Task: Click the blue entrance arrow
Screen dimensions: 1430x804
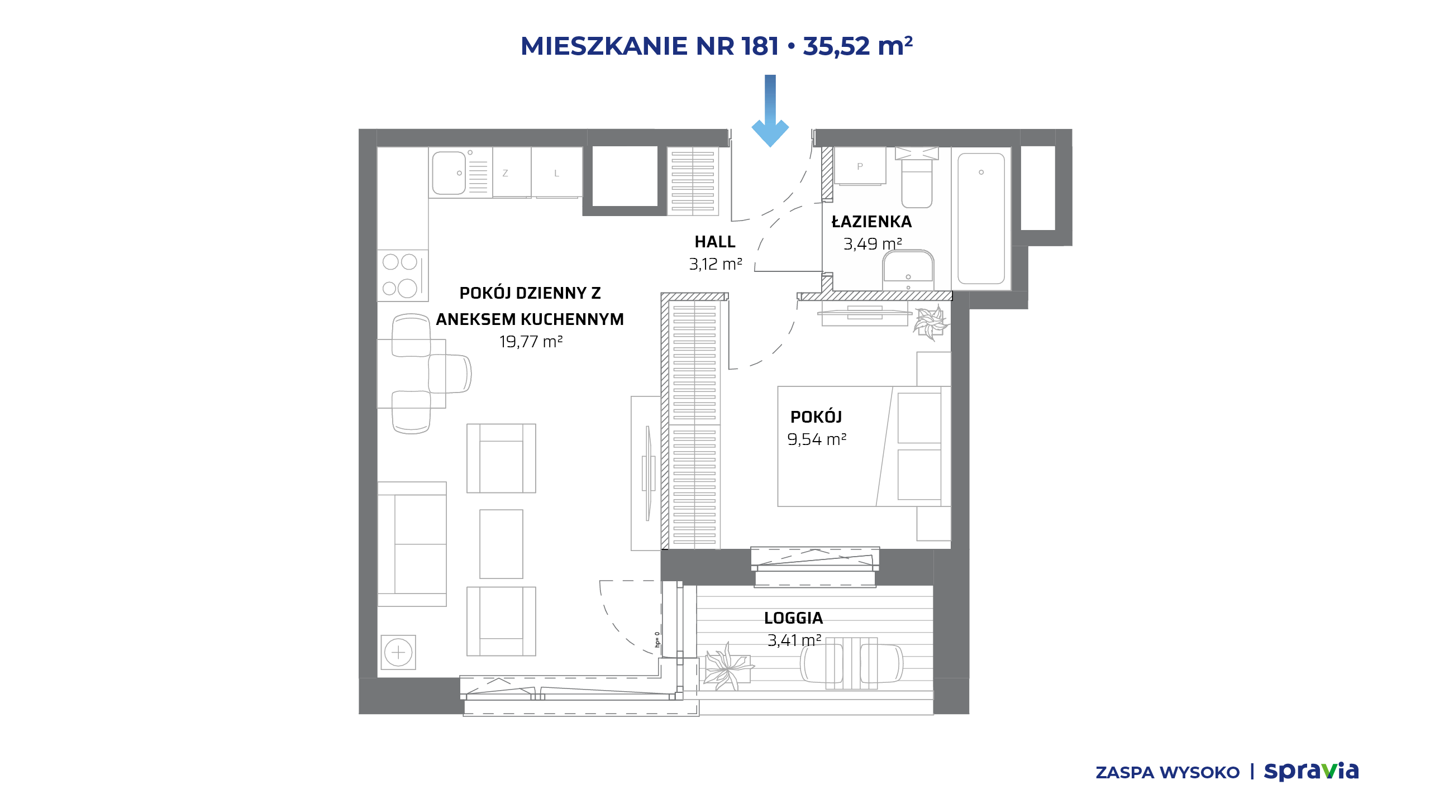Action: click(770, 111)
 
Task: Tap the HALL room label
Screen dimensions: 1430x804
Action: click(715, 242)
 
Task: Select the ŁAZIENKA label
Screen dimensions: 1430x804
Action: click(871, 221)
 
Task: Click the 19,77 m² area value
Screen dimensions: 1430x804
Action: click(531, 341)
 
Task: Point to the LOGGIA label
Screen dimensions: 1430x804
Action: click(793, 618)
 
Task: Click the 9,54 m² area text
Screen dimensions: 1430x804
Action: click(817, 439)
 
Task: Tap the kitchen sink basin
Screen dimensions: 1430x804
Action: click(449, 173)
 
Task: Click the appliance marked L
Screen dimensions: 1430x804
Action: click(557, 173)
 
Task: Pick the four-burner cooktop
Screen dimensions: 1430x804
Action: click(403, 275)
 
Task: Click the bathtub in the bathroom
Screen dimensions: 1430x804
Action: click(981, 218)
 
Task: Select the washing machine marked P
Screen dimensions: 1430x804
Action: click(860, 166)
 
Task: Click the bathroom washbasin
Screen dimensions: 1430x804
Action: click(908, 270)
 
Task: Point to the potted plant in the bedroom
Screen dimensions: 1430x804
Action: click(931, 323)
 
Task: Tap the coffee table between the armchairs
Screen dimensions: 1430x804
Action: click(501, 544)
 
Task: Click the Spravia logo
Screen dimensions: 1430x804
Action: click(1311, 772)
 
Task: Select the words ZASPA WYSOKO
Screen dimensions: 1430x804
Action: click(1167, 773)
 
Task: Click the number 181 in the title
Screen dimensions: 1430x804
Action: click(760, 46)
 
